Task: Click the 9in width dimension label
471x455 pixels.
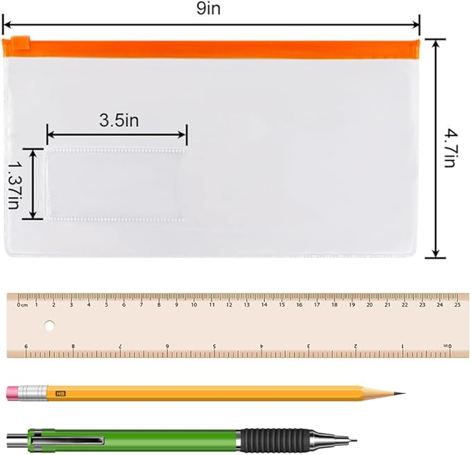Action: pyautogui.click(x=210, y=9)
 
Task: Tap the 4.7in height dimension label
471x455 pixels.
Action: pyautogui.click(x=450, y=147)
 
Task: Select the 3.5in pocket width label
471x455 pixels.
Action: pyautogui.click(x=119, y=120)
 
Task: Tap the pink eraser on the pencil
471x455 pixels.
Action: pyautogui.click(x=14, y=394)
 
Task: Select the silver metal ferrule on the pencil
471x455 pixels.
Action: pyautogui.click(x=34, y=394)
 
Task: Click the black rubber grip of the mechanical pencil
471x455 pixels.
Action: pyautogui.click(x=271, y=438)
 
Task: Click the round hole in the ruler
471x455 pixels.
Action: pyautogui.click(x=49, y=324)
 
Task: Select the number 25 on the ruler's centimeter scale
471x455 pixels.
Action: pyautogui.click(x=457, y=304)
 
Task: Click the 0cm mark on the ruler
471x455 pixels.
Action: pyautogui.click(x=23, y=304)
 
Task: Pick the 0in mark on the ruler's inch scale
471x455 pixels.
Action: pyautogui.click(x=447, y=345)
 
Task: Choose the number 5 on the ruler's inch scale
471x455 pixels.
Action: pyautogui.click(x=214, y=345)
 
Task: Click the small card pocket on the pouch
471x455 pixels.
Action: pyautogui.click(x=116, y=183)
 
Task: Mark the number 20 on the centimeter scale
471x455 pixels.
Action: pyautogui.click(x=369, y=304)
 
